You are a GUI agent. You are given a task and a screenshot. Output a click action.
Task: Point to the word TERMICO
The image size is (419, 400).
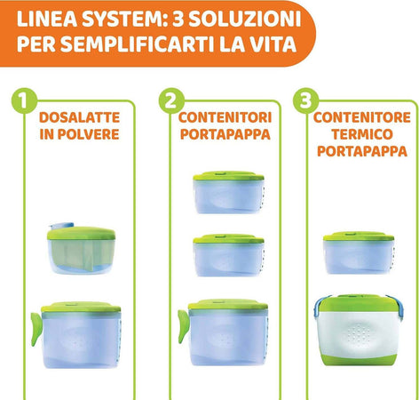[364, 134]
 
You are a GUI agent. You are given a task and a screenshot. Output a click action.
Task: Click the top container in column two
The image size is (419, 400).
[228, 191]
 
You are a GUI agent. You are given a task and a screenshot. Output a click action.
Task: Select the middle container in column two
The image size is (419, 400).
[228, 255]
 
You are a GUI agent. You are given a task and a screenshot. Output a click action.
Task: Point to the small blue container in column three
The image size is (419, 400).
[358, 254]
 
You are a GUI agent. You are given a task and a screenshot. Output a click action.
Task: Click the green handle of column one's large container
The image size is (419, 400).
[35, 326]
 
